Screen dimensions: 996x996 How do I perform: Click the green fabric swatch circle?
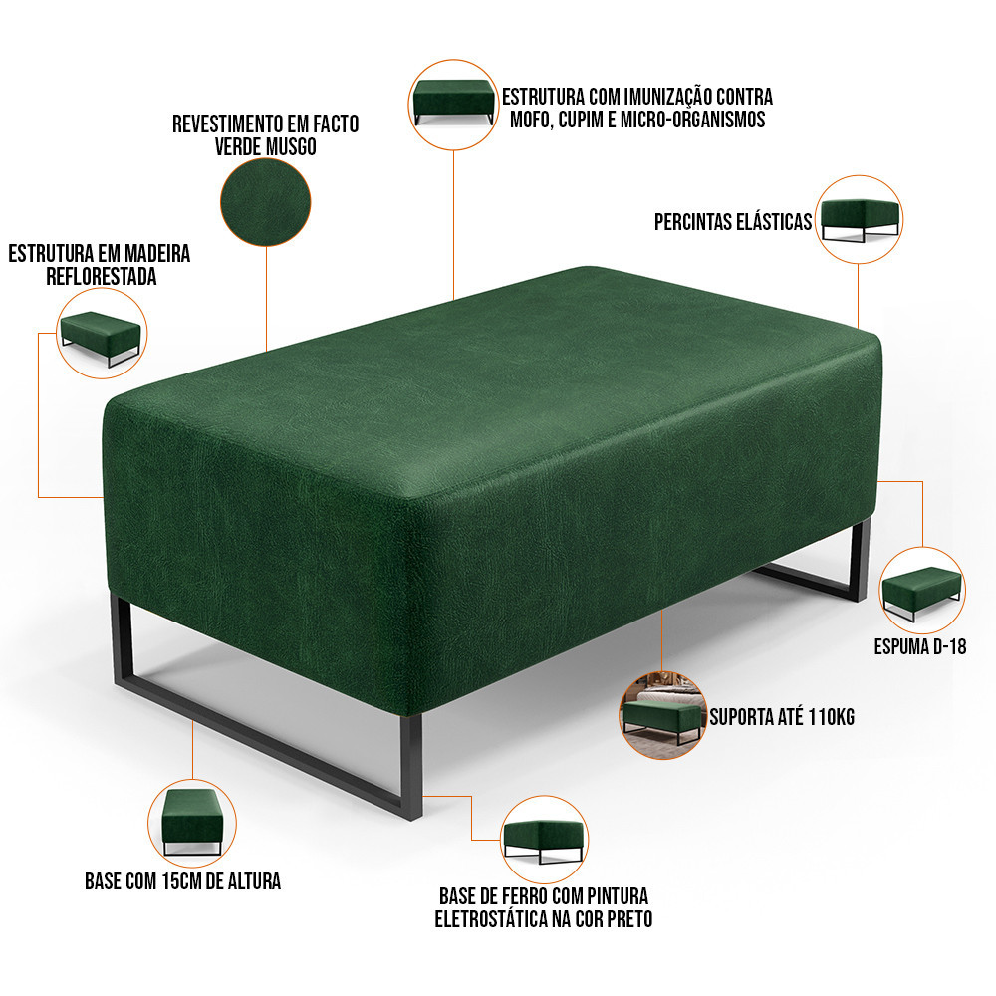click(266, 202)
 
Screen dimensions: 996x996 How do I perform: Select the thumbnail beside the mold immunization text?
click(453, 105)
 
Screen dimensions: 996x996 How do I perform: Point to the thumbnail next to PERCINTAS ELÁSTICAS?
click(859, 219)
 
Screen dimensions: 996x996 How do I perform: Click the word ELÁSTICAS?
click(774, 222)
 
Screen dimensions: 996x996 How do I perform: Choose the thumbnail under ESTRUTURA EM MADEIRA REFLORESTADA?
click(102, 333)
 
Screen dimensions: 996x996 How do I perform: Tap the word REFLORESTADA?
click(102, 277)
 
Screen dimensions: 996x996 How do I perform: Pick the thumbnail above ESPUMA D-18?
click(922, 591)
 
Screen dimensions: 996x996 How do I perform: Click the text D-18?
click(949, 647)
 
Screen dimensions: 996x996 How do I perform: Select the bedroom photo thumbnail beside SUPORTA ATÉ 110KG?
click(662, 716)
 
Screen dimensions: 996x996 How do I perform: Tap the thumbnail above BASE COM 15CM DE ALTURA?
click(192, 823)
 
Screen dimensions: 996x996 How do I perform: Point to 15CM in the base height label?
click(177, 881)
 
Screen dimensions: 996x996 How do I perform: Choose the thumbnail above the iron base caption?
click(545, 839)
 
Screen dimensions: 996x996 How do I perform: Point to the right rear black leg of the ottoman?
click(860, 560)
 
